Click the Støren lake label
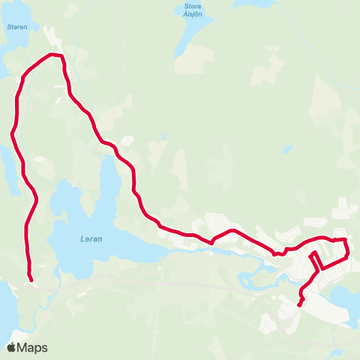(x=16, y=26)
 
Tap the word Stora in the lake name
(x=193, y=8)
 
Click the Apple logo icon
(x=11, y=347)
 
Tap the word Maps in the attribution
(x=32, y=347)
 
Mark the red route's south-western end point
(x=31, y=280)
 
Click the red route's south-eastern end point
(x=299, y=304)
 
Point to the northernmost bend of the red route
(x=54, y=55)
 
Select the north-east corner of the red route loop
(x=346, y=239)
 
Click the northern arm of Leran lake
(x=109, y=180)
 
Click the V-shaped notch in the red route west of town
(x=213, y=242)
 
